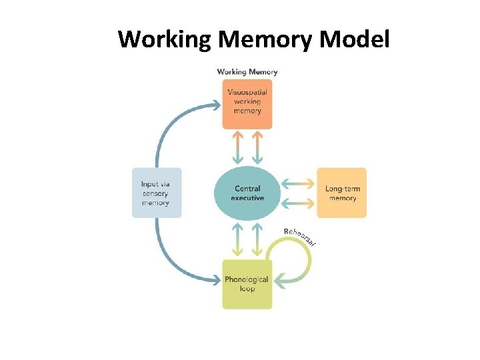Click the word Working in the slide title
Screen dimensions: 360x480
coord(165,40)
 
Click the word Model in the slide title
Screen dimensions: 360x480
coord(354,40)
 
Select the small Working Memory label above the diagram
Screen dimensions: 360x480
coord(247,71)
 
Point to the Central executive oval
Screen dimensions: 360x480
coord(247,193)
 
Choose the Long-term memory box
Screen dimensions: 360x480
coord(342,193)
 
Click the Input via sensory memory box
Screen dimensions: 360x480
coord(156,193)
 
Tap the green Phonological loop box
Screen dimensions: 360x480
coord(247,284)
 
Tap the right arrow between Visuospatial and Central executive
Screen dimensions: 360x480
coord(257,147)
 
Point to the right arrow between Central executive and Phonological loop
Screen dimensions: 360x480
coord(257,239)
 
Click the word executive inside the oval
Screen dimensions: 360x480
coord(247,198)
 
